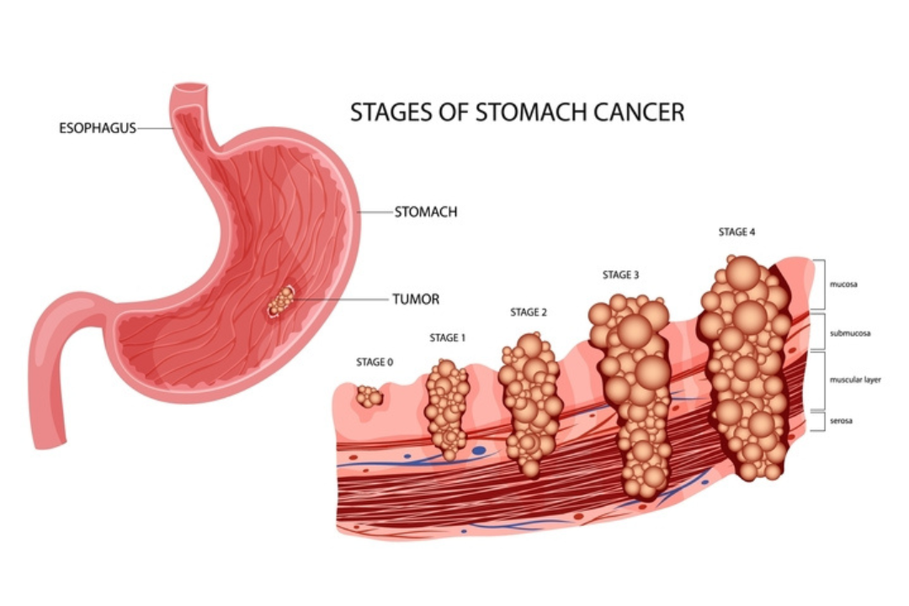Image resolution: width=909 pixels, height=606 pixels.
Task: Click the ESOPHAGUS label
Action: click(98, 128)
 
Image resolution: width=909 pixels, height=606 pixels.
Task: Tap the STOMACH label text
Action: click(426, 212)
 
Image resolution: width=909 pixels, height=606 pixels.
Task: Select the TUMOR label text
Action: click(417, 300)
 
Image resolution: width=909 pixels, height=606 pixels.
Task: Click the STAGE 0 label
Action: click(375, 363)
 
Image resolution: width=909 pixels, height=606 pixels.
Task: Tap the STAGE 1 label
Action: click(448, 338)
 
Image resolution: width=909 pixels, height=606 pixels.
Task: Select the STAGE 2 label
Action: click(528, 312)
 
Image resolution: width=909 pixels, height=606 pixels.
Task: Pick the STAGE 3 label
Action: click(620, 275)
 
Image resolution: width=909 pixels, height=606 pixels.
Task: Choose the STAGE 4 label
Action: click(736, 232)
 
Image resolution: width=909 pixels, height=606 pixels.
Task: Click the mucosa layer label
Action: click(843, 284)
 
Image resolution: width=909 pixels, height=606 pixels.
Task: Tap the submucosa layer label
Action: click(850, 333)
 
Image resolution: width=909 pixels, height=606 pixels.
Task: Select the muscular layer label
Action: click(856, 380)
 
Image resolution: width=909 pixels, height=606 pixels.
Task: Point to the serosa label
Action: click(841, 421)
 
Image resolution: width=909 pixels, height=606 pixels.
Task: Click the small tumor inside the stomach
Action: click(281, 301)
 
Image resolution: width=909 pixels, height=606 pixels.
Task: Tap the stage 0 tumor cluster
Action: click(369, 396)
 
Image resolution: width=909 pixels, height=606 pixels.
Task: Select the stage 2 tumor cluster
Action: click(530, 404)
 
